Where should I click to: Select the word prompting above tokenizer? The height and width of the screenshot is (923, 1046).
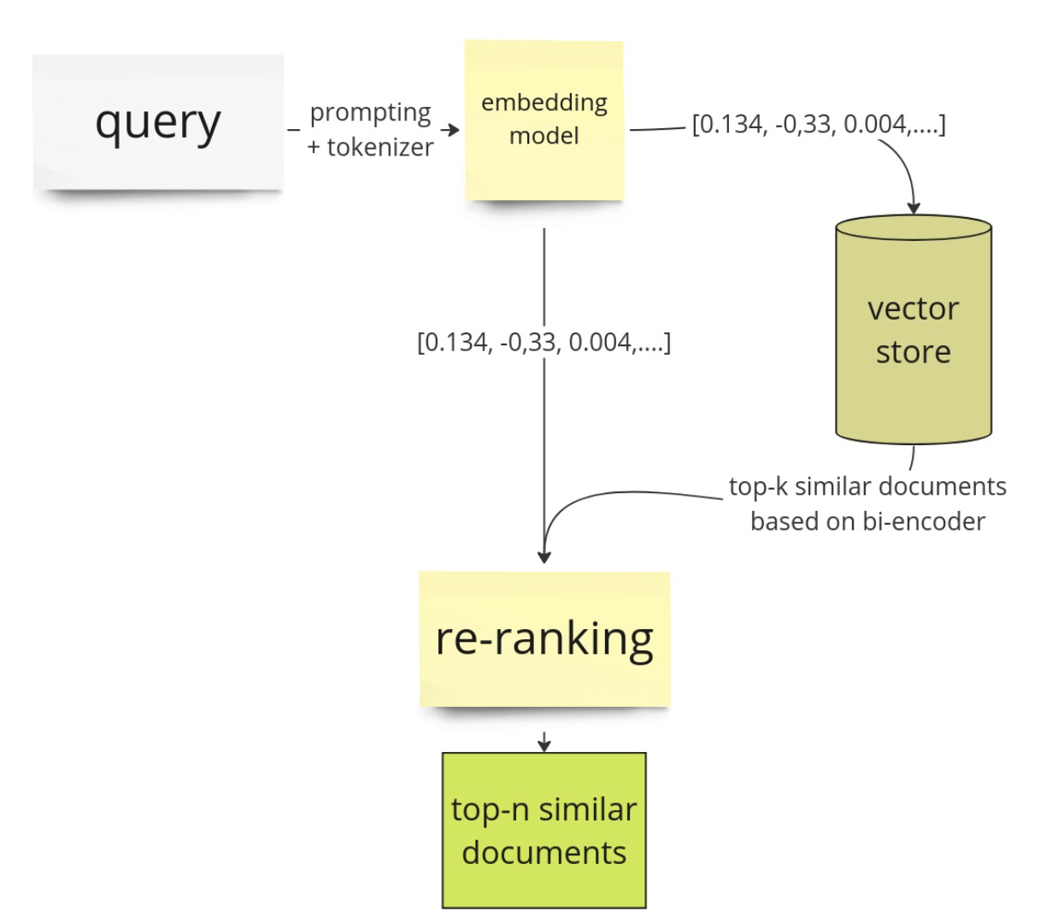tap(370, 113)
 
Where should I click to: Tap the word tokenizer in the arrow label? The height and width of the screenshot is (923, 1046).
tap(380, 147)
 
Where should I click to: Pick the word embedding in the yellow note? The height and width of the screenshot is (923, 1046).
tap(544, 103)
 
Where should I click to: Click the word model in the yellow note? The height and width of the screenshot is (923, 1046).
tap(544, 136)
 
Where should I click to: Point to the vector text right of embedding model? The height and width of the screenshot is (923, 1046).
tap(818, 125)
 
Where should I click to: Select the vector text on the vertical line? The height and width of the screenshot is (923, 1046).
tap(544, 343)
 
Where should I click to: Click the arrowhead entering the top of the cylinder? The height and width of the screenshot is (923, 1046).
tap(914, 207)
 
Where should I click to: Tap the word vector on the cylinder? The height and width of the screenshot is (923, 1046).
tap(913, 309)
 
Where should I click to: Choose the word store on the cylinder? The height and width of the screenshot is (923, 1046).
tap(913, 352)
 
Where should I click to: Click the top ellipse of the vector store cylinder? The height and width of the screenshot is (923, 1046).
tap(913, 228)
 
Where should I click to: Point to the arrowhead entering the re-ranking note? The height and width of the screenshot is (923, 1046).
tap(544, 556)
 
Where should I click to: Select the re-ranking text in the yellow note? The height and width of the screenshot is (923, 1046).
tap(544, 638)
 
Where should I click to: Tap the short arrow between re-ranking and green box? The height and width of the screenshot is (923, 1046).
tap(544, 742)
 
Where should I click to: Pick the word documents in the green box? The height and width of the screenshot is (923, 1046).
tap(544, 853)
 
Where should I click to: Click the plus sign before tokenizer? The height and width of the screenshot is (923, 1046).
tap(314, 148)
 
